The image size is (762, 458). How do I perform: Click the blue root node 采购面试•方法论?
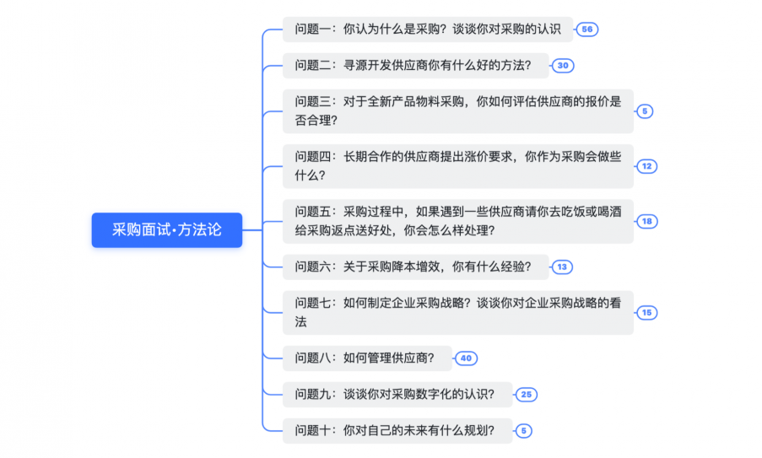pos(166,229)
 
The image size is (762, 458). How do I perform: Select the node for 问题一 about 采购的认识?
pos(427,29)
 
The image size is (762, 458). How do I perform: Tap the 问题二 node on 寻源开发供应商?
pos(413,66)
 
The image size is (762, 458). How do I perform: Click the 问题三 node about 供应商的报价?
pos(457,110)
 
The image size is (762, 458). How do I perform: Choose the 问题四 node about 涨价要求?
pos(457,165)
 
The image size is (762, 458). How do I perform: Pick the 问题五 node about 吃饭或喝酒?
pos(457,220)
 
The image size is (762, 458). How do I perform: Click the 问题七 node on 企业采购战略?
pos(457,312)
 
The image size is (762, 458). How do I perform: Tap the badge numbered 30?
pos(563,66)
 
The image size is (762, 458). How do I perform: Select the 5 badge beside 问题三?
pos(645,111)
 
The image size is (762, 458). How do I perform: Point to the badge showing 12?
pos(646,166)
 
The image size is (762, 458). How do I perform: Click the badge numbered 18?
pos(646,221)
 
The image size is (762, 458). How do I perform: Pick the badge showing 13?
pos(562,267)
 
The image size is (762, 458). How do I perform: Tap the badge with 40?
pos(466,358)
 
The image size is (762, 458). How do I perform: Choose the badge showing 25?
pos(526,395)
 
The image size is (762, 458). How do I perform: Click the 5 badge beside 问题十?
pos(523,431)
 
